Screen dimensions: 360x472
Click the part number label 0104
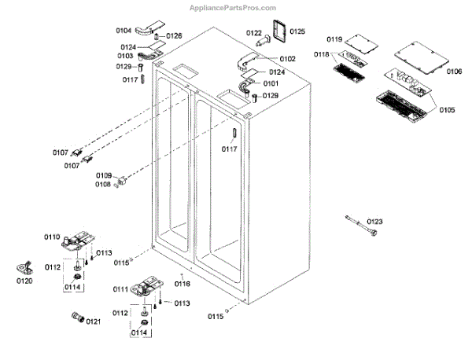(x=124, y=30)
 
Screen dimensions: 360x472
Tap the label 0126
(x=173, y=36)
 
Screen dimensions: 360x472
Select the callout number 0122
(x=253, y=33)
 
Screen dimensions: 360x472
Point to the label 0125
(x=297, y=31)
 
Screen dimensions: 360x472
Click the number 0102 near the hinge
(x=287, y=59)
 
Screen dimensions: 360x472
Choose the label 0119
(x=334, y=39)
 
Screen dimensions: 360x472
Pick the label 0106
(x=454, y=72)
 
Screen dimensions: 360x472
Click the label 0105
(x=446, y=109)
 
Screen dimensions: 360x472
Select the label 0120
(x=24, y=280)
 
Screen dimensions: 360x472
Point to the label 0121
(x=94, y=321)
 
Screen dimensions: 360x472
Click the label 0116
(x=183, y=284)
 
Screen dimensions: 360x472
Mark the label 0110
(x=52, y=237)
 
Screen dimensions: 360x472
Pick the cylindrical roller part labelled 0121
(x=77, y=318)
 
